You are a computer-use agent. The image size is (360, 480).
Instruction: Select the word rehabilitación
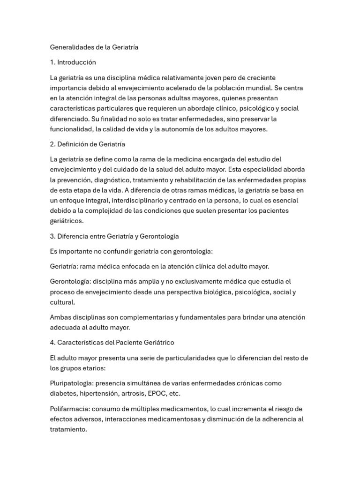click(x=226, y=180)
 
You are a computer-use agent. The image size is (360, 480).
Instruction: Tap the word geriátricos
click(x=67, y=221)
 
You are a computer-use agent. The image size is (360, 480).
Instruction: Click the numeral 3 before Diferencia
click(x=52, y=236)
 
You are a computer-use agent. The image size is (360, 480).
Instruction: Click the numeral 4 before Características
click(x=52, y=343)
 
